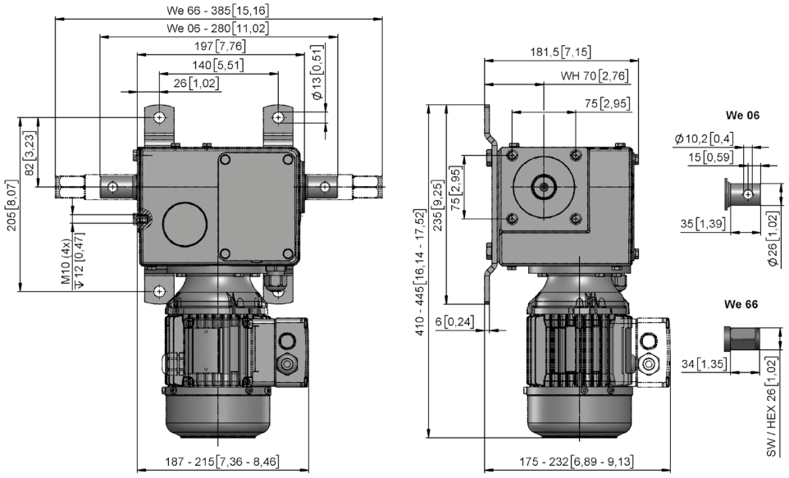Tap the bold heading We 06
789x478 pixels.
click(742, 116)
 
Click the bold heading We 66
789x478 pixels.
click(741, 304)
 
